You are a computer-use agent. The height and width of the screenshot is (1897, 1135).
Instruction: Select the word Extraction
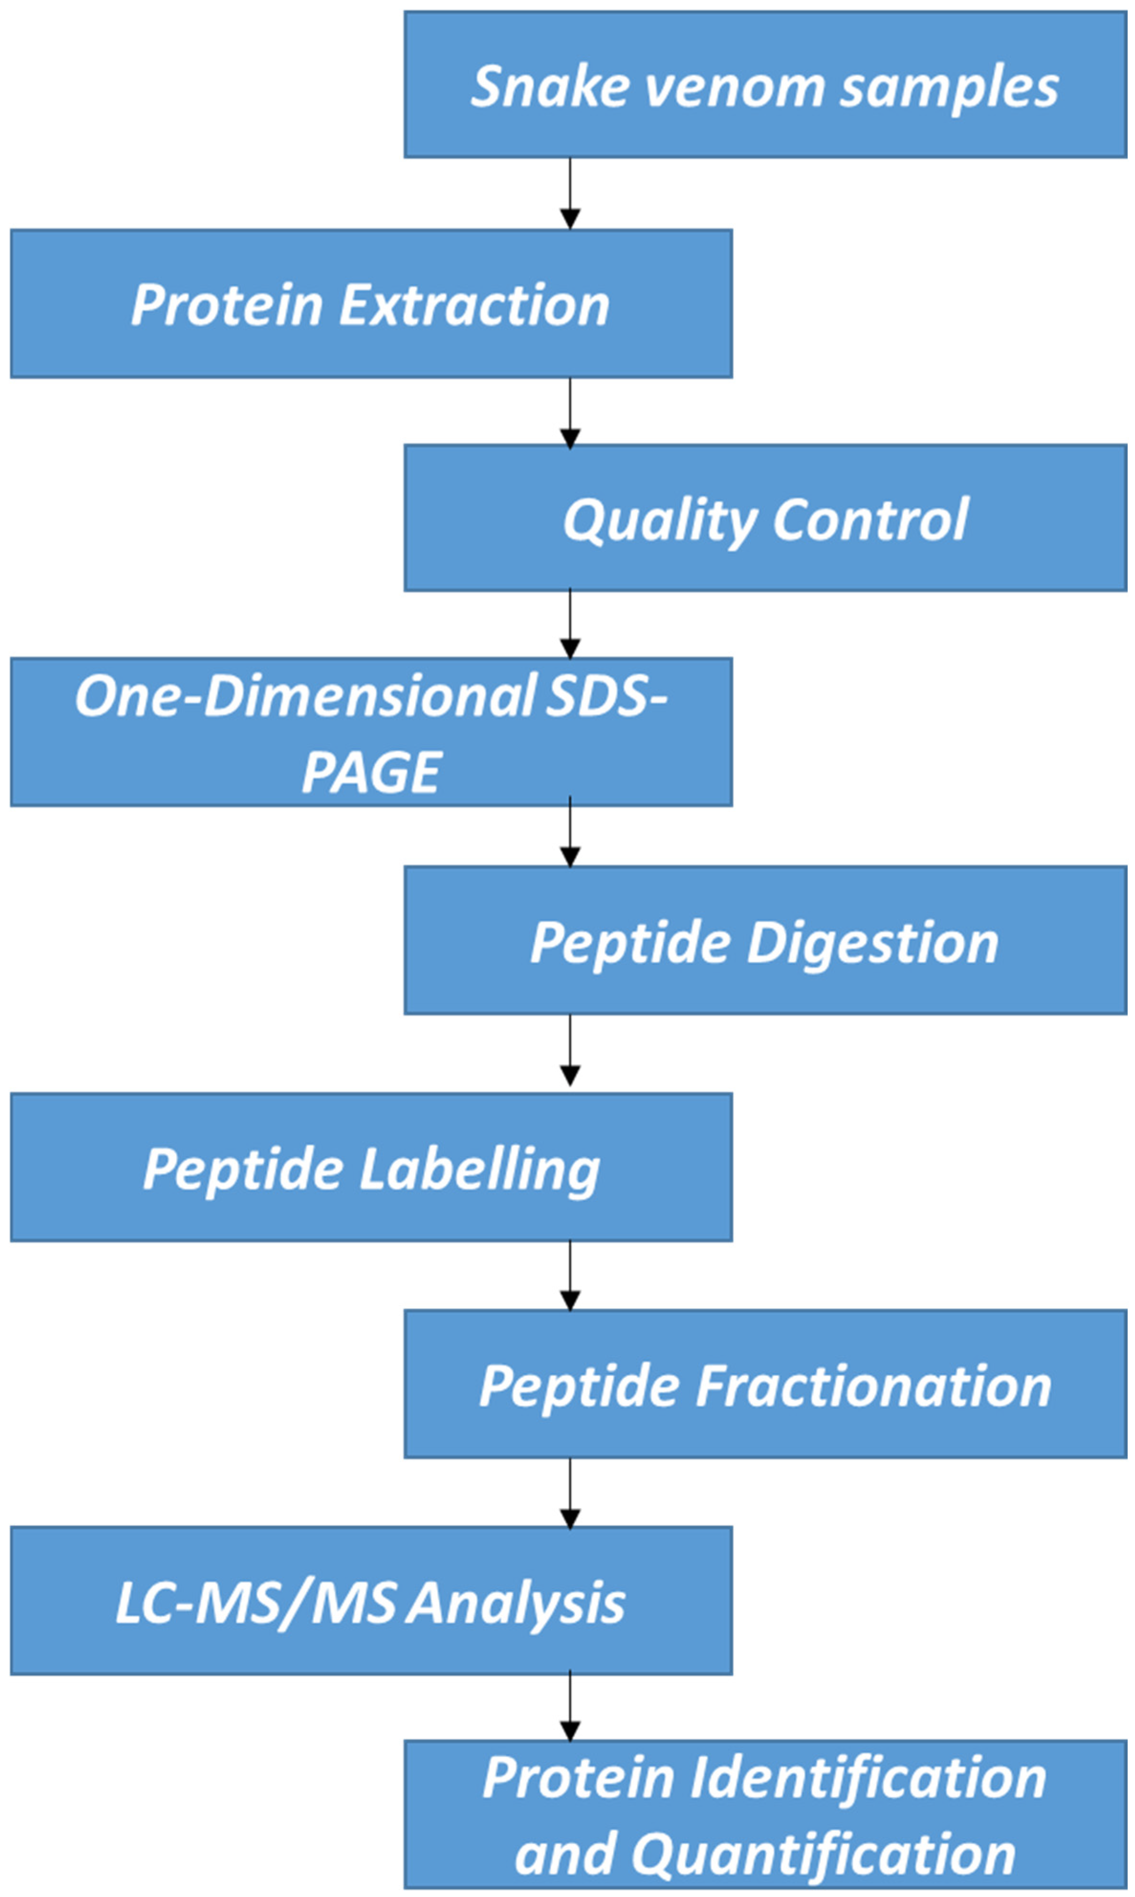(x=474, y=305)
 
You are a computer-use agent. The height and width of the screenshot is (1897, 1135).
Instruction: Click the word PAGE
(x=371, y=772)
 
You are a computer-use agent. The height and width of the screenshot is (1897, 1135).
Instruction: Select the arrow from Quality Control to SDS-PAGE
(x=570, y=623)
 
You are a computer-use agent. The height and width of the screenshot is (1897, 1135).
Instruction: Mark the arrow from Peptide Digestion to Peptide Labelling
(x=570, y=1051)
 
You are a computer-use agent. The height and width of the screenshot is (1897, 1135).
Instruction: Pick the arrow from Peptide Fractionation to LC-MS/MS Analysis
(x=570, y=1492)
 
